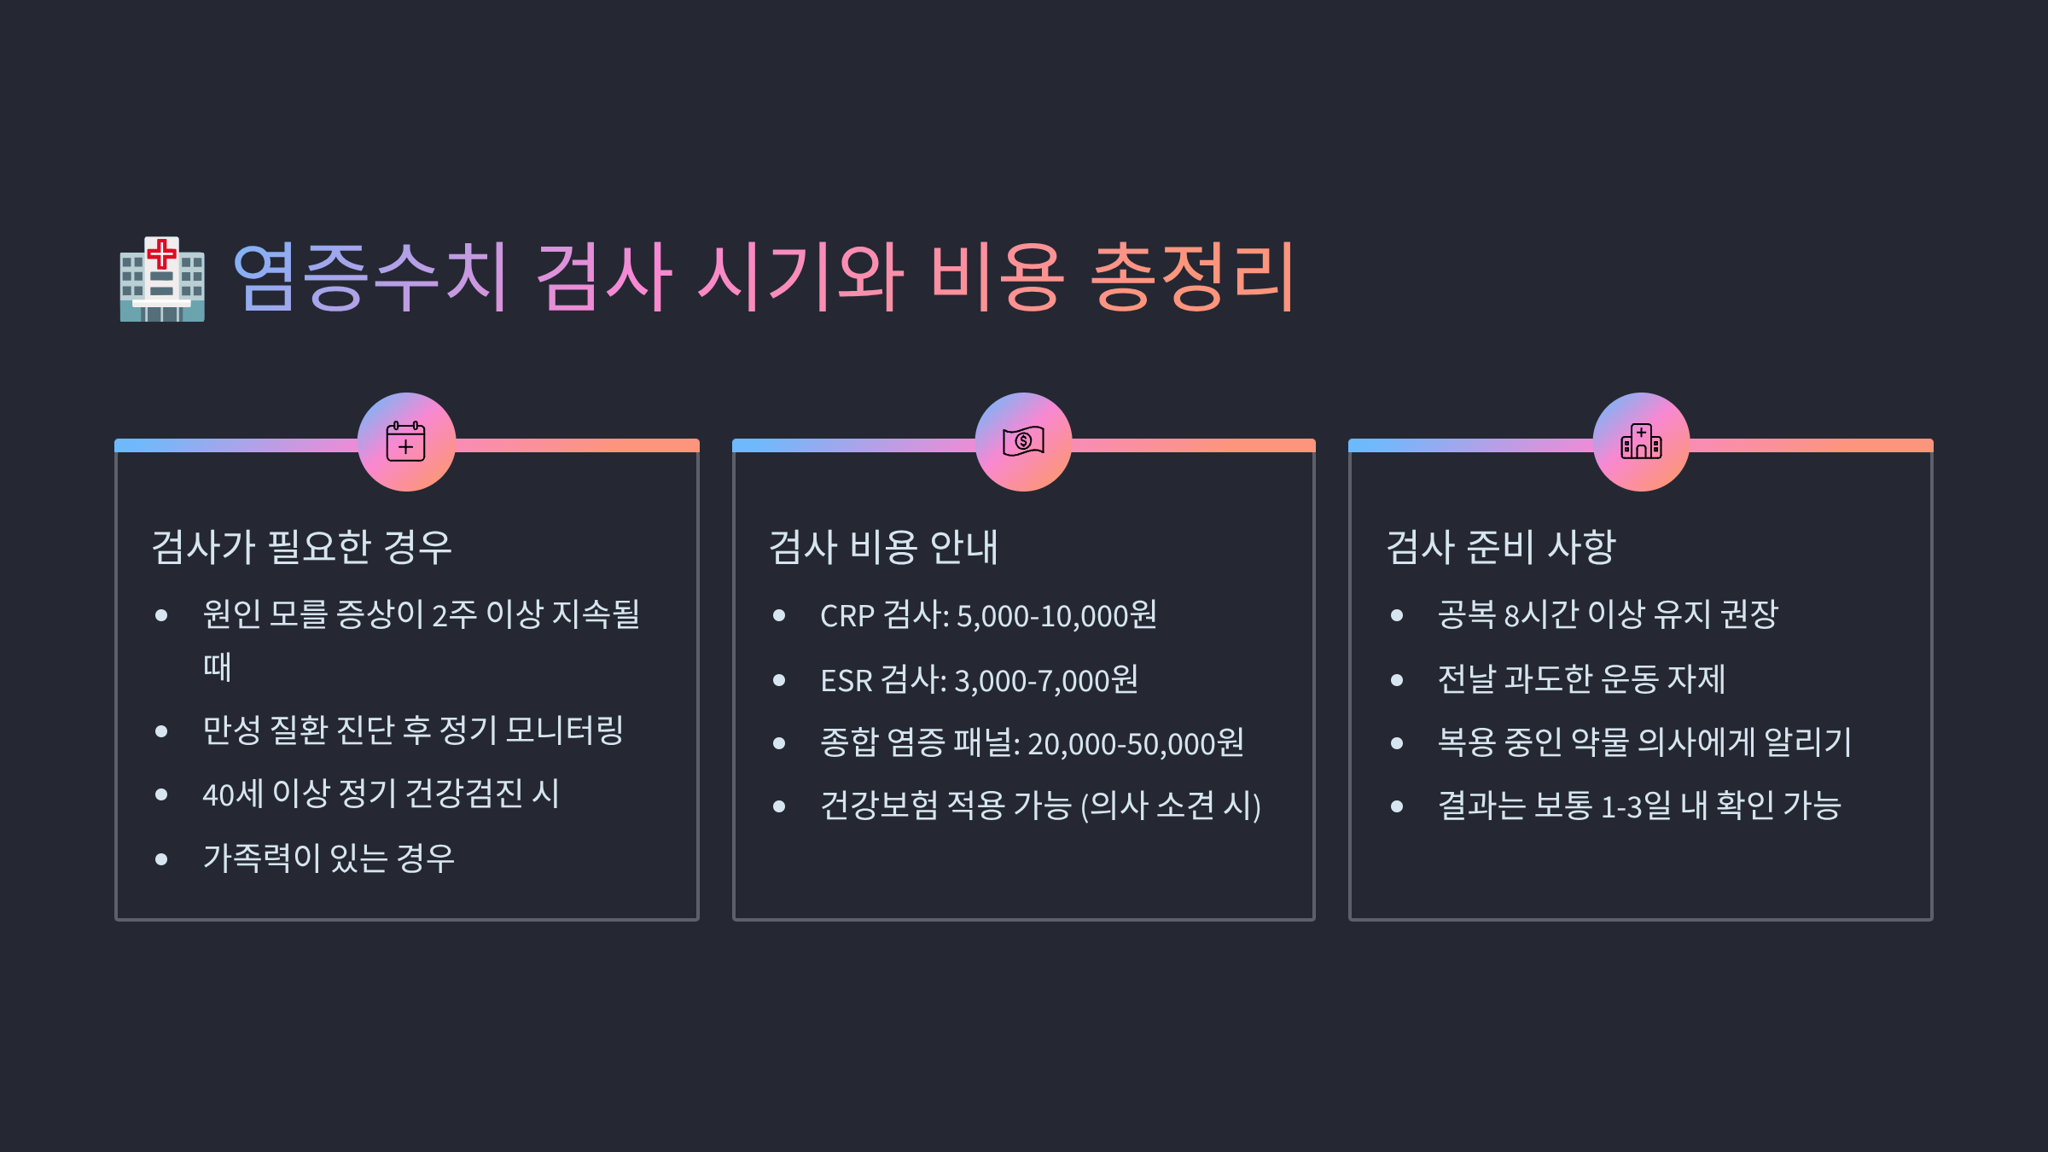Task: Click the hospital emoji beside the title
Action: coord(162,279)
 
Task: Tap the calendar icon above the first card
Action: coord(406,442)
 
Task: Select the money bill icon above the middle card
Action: coord(1023,442)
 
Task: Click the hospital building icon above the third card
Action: coord(1641,442)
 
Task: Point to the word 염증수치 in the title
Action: coord(370,277)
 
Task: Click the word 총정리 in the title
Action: coord(1193,277)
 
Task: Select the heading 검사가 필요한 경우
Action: coord(301,547)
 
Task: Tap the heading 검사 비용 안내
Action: coord(883,547)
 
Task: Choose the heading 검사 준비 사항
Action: coord(1501,547)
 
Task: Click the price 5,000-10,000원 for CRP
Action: coord(1056,615)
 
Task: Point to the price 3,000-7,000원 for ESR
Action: coord(1046,680)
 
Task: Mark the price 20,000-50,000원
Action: coord(1136,743)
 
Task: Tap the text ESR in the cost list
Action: coord(846,681)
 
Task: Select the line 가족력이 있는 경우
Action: coord(329,858)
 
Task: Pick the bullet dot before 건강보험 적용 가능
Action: coord(779,806)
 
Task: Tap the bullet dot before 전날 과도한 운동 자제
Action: coord(1397,680)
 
